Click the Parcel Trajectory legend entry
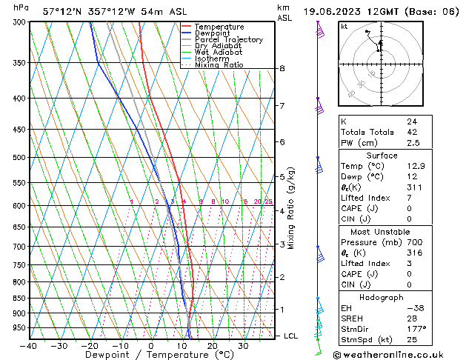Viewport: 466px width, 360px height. (228, 39)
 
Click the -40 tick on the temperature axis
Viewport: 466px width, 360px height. (29, 346)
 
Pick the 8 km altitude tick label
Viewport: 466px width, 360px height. (282, 69)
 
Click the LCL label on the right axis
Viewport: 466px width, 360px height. (291, 336)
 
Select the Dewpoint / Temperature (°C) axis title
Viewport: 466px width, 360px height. (151, 355)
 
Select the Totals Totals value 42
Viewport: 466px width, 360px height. (412, 132)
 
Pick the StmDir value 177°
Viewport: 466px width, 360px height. (416, 328)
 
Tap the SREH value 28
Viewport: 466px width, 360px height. (412, 318)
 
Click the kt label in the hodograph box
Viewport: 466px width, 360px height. (344, 27)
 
